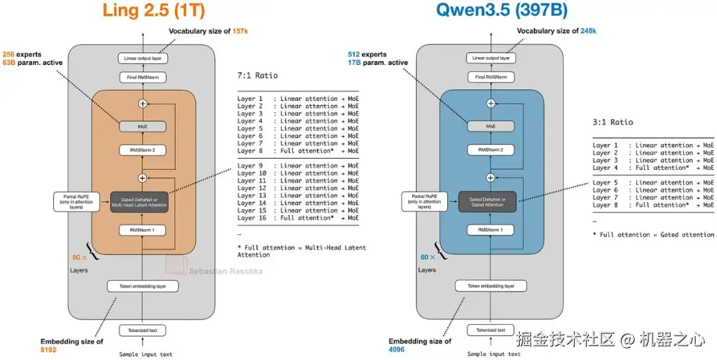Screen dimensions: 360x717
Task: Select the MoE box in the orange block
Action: coord(143,126)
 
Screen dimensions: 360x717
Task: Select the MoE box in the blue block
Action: coord(491,126)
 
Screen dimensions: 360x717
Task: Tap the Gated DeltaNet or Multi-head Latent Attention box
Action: coord(143,202)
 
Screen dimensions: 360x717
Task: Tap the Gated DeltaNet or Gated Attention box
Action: coord(491,202)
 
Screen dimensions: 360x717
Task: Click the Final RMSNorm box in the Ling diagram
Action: coord(143,78)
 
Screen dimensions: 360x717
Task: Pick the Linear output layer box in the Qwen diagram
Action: coord(491,58)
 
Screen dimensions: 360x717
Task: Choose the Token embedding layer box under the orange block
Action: coord(143,286)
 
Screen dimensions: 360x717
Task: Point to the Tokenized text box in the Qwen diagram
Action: coord(491,330)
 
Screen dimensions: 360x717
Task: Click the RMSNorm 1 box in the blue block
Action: coord(491,230)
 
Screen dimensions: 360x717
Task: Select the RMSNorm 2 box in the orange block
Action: coord(143,150)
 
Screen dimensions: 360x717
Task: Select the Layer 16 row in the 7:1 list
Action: coord(298,218)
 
